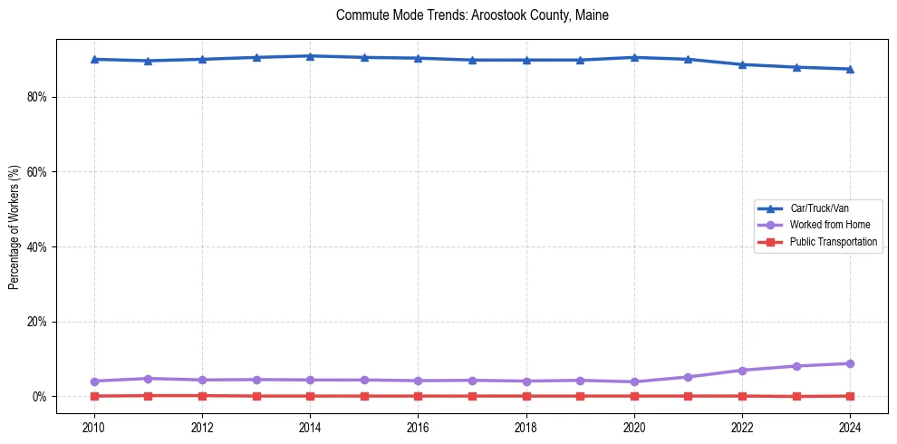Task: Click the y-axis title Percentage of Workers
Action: tap(14, 227)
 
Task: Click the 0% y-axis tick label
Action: tap(37, 397)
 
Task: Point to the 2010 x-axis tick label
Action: tap(94, 427)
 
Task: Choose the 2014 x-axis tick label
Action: tap(310, 427)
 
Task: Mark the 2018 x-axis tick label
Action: tap(526, 427)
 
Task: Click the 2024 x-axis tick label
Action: tap(850, 427)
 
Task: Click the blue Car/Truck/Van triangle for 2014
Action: tap(310, 56)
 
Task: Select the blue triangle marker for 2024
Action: tap(850, 69)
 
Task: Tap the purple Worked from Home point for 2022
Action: tap(742, 371)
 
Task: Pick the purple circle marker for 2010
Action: tap(94, 381)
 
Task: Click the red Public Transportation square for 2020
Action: tap(634, 396)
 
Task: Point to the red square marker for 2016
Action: tap(418, 396)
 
